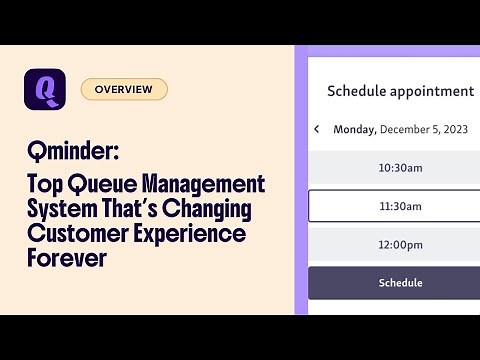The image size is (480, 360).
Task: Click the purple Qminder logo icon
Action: (x=45, y=89)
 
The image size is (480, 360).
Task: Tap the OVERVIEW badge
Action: (x=124, y=89)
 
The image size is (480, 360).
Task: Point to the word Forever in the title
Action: (x=66, y=259)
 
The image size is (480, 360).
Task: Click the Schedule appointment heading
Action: (x=400, y=91)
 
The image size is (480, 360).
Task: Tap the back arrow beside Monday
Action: (x=317, y=129)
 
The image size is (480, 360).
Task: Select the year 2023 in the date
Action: (x=455, y=129)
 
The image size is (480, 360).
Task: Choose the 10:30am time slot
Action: (x=400, y=168)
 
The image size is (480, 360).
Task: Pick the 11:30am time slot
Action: (x=400, y=206)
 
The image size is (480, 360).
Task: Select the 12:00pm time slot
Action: (x=400, y=245)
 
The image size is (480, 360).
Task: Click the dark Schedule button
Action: (x=400, y=283)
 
